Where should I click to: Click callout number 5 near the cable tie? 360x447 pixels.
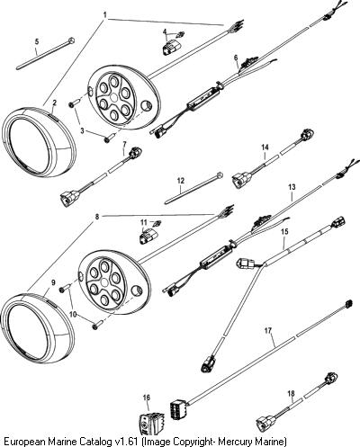(37, 41)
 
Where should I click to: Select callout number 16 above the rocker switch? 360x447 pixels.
(147, 398)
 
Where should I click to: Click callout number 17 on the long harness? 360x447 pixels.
(268, 331)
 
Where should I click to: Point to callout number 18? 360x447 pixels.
(291, 393)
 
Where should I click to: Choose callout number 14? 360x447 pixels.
(265, 148)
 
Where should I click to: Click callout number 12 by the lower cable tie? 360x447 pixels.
(181, 181)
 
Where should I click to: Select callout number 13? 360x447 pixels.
(292, 187)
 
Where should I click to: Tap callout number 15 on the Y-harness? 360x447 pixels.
(284, 231)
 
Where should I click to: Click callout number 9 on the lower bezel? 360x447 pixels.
(53, 282)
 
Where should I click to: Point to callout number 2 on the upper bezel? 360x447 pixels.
(54, 103)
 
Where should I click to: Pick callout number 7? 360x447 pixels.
(125, 144)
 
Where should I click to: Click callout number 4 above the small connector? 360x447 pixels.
(165, 31)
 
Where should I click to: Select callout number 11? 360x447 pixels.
(144, 222)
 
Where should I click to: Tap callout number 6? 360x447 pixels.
(236, 58)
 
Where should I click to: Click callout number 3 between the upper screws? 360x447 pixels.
(82, 130)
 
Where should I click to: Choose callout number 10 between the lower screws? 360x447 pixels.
(73, 314)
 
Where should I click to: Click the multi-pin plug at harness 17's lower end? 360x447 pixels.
(176, 408)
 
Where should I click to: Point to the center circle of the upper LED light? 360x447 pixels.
(114, 98)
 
